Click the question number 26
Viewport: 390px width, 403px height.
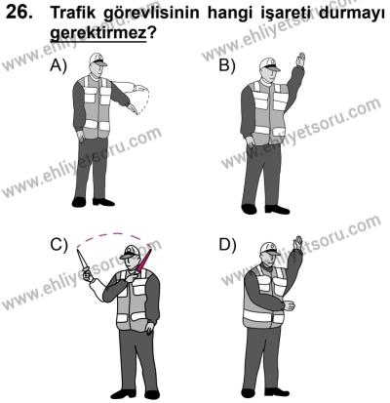pyautogui.click(x=22, y=14)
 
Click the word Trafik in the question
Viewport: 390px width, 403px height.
pyautogui.click(x=78, y=14)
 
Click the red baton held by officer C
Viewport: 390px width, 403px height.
pyautogui.click(x=148, y=261)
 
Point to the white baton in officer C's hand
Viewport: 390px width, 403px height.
pyautogui.click(x=80, y=262)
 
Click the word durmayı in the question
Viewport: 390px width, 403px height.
pyautogui.click(x=345, y=14)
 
